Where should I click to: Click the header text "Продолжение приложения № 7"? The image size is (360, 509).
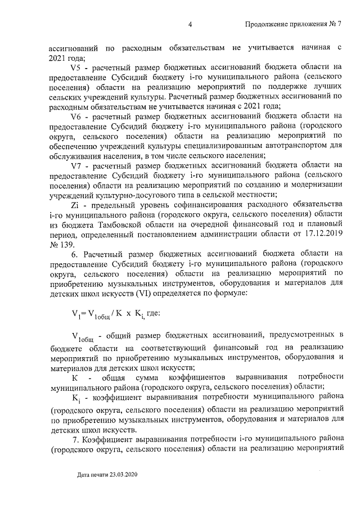294,24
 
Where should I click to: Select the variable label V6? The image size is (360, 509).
78,116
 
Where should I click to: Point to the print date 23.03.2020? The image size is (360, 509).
121,475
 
